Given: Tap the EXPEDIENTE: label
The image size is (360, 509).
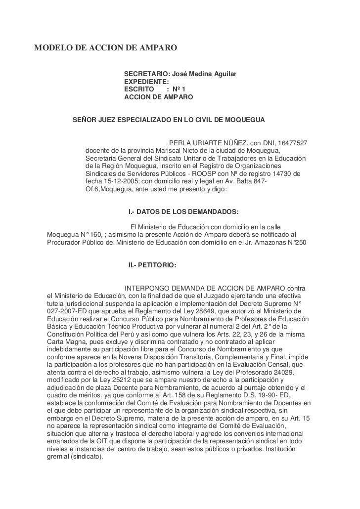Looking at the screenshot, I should [146, 82].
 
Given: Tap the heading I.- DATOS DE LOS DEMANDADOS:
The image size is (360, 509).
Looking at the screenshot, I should [183, 212].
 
